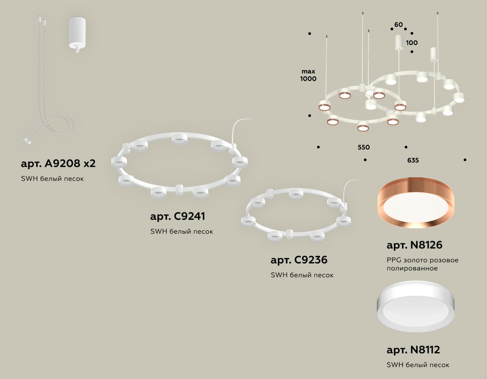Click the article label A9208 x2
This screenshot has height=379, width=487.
click(58, 163)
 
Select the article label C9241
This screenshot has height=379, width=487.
click(177, 217)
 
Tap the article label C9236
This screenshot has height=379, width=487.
click(299, 260)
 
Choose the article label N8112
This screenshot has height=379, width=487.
click(413, 349)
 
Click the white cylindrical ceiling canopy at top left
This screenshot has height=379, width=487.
click(77, 35)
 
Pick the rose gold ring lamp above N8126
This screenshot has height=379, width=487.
click(416, 202)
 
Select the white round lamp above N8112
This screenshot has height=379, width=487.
click(416, 306)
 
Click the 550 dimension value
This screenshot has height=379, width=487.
click(364, 147)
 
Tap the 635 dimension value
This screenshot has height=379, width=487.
click(413, 160)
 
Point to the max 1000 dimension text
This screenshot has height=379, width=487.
click(308, 75)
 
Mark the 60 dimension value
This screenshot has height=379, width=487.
click(399, 25)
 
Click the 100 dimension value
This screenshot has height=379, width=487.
click(412, 43)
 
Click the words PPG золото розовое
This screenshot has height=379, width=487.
click(422, 260)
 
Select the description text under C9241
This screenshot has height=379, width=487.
click(181, 232)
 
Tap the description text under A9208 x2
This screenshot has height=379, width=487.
click(52, 179)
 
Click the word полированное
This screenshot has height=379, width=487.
click(412, 268)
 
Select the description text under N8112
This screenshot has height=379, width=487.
click(418, 365)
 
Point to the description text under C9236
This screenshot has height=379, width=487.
click(302, 275)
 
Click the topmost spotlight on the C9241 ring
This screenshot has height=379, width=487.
click(179, 139)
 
